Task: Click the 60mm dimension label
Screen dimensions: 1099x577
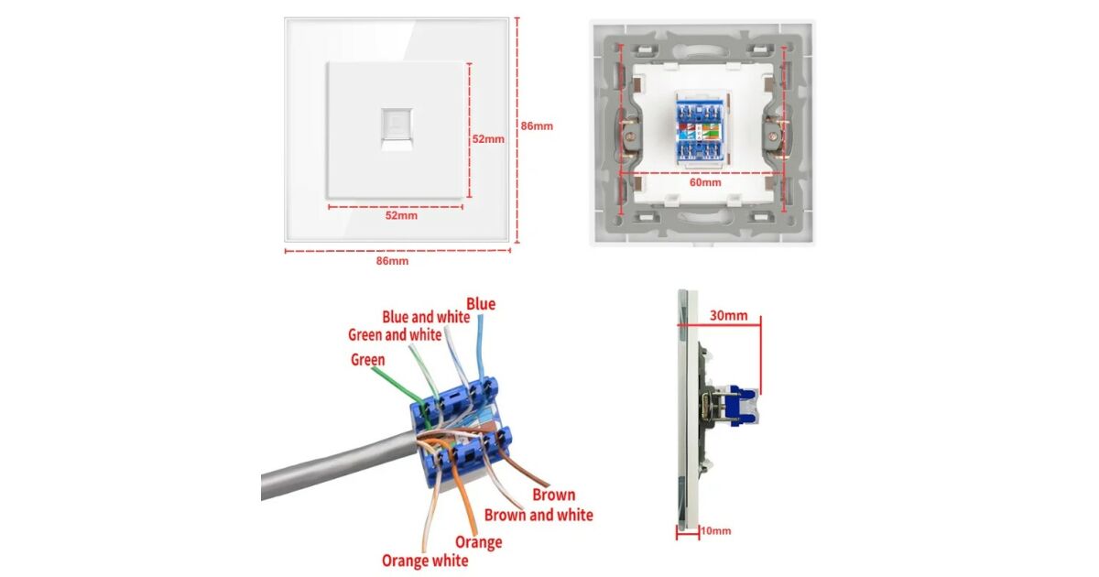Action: point(705,182)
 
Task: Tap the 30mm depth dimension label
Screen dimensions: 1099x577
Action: point(729,315)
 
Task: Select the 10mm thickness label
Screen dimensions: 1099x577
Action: point(716,531)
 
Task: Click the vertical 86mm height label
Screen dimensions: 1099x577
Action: point(537,126)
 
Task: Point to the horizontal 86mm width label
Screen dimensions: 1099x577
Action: point(392,261)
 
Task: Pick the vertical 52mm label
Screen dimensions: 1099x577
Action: point(488,139)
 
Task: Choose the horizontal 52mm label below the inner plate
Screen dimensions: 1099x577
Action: point(401,216)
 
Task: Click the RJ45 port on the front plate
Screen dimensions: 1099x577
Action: point(397,129)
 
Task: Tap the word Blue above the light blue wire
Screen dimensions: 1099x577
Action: point(481,304)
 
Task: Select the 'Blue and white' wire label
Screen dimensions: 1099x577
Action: point(426,318)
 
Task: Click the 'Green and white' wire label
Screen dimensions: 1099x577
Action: point(395,335)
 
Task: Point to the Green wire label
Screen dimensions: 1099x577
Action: point(368,360)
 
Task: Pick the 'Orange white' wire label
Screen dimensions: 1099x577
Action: point(425,561)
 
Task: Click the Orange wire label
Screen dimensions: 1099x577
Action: point(478,542)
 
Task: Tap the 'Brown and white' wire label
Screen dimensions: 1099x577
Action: point(539,515)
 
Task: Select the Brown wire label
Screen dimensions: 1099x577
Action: point(554,495)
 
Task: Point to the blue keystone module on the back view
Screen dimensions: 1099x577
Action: point(701,130)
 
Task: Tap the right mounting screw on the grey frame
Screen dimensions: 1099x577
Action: point(773,136)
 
